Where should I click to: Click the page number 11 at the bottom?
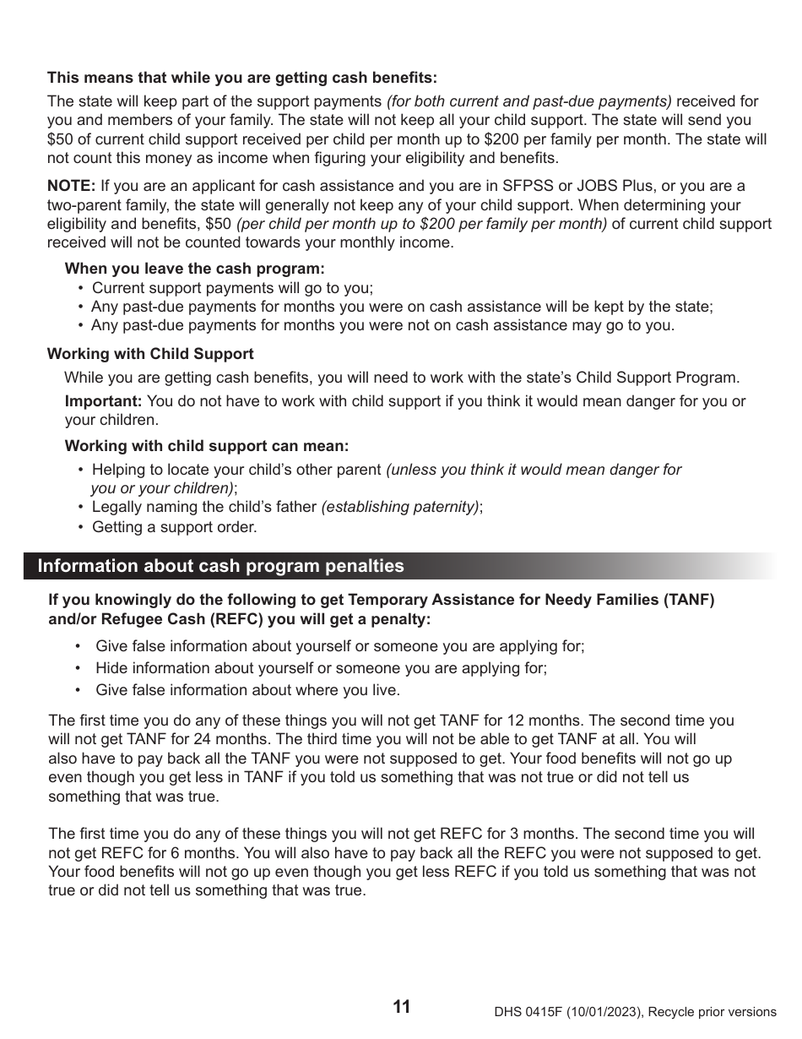point(402,1007)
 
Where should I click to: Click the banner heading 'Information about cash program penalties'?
point(220,566)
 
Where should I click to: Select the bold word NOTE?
point(71,186)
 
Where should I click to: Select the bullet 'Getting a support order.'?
point(174,527)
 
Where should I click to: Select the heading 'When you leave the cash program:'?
point(194,269)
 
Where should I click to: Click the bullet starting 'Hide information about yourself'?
point(321,668)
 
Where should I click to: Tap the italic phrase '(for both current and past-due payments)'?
point(529,101)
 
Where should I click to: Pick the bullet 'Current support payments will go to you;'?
point(232,288)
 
